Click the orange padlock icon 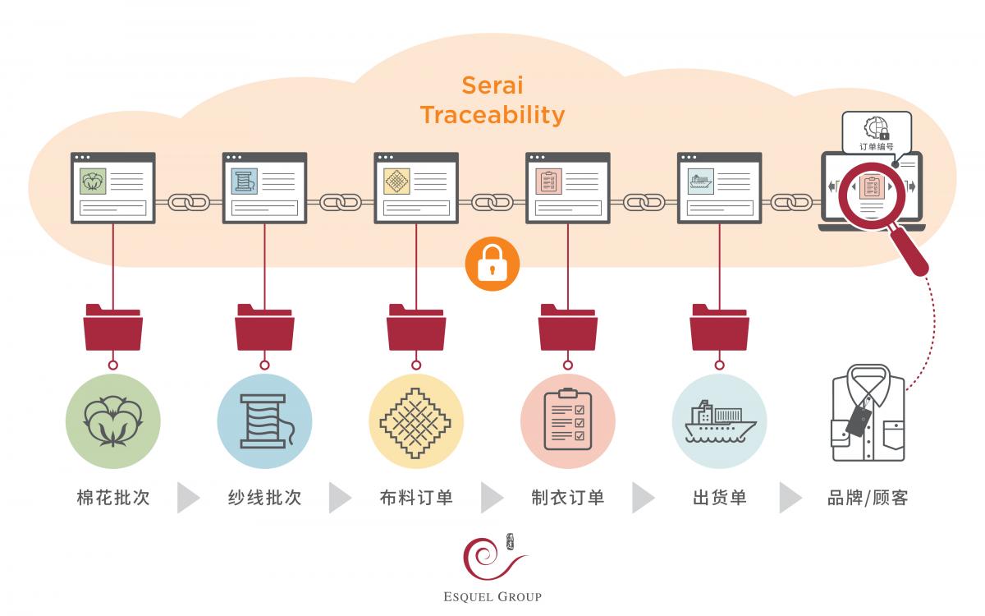point(492,264)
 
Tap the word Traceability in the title point(492,115)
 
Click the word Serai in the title point(492,85)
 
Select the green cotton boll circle point(113,421)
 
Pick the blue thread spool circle point(264,421)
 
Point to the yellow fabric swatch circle point(416,421)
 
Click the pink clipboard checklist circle point(568,421)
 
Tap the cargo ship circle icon point(719,421)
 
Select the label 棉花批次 point(113,498)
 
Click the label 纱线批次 point(264,498)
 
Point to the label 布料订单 point(416,498)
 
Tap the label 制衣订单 point(568,498)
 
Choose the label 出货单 point(719,498)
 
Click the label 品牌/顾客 point(868,498)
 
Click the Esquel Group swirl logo point(492,557)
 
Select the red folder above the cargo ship point(719,328)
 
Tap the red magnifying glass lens point(872,195)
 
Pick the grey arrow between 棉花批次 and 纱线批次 point(188,498)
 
